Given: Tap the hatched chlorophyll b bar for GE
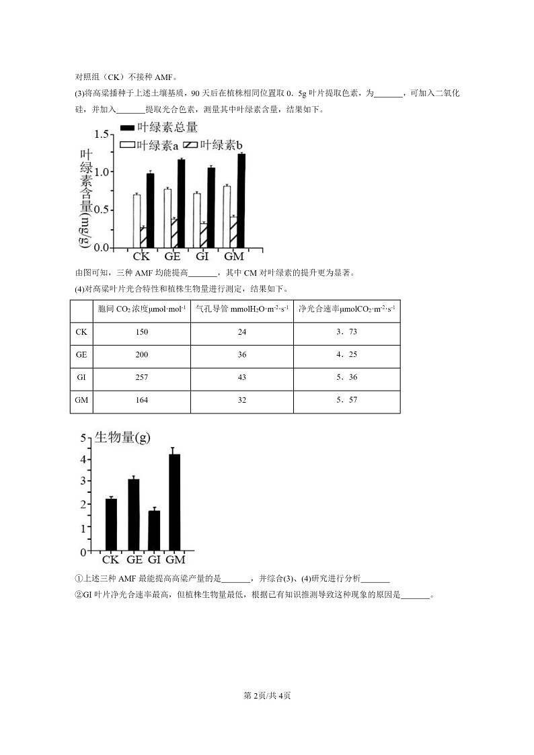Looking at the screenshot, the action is pos(174,233).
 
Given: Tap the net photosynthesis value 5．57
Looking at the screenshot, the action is pos(346,400).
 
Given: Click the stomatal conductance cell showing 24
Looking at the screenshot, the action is pos(242,332).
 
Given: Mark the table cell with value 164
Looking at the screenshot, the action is pos(141,400).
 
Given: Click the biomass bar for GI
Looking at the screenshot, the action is pos(154,530).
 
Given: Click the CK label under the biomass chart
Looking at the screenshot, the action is pos(111,560).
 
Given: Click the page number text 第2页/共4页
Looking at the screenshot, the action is pos(267,695).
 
